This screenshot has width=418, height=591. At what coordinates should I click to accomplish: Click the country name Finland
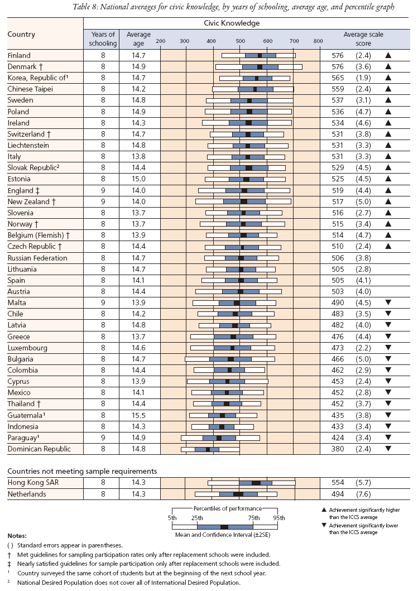[x=19, y=55]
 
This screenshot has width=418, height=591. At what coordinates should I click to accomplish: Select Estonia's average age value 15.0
[x=138, y=179]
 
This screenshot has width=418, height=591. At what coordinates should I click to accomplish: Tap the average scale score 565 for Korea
[x=338, y=78]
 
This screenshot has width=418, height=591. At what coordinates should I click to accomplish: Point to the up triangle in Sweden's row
[x=388, y=100]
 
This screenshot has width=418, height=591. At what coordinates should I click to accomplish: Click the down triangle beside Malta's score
[x=388, y=302]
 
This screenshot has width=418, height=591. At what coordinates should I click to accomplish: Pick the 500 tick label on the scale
[x=241, y=41]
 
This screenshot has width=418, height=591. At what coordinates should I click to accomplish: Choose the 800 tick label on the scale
[x=318, y=41]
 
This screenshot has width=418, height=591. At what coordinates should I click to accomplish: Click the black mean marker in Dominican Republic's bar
[x=207, y=449]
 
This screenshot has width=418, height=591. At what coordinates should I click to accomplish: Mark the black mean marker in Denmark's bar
[x=260, y=67]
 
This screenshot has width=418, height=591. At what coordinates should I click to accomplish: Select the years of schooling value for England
[x=103, y=190]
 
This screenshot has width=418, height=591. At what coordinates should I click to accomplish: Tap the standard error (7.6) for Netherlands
[x=363, y=494]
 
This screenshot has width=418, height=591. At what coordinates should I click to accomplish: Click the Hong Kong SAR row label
[x=33, y=482]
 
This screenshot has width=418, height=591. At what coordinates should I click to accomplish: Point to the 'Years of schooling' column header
[x=103, y=39]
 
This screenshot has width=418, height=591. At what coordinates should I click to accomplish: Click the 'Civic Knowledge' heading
[x=232, y=23]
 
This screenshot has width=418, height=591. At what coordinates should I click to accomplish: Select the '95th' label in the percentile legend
[x=279, y=518]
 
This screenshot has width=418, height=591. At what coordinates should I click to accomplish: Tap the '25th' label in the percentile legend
[x=197, y=518]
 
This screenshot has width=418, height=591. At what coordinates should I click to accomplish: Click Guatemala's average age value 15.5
[x=138, y=415]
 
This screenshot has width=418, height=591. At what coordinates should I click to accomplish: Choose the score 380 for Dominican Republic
[x=338, y=449]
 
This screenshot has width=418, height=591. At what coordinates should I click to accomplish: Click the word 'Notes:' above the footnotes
[x=17, y=536]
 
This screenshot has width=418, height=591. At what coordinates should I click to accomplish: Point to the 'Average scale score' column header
[x=363, y=39]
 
